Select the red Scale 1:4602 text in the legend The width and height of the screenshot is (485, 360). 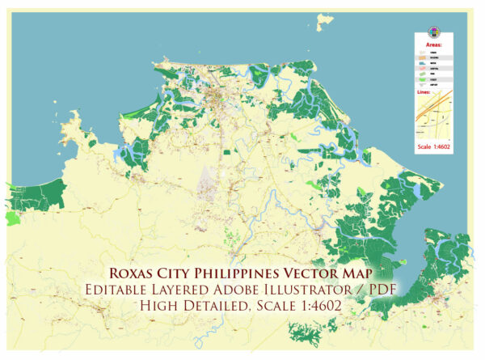click(x=433, y=148)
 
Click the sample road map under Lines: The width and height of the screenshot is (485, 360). click(x=433, y=117)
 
